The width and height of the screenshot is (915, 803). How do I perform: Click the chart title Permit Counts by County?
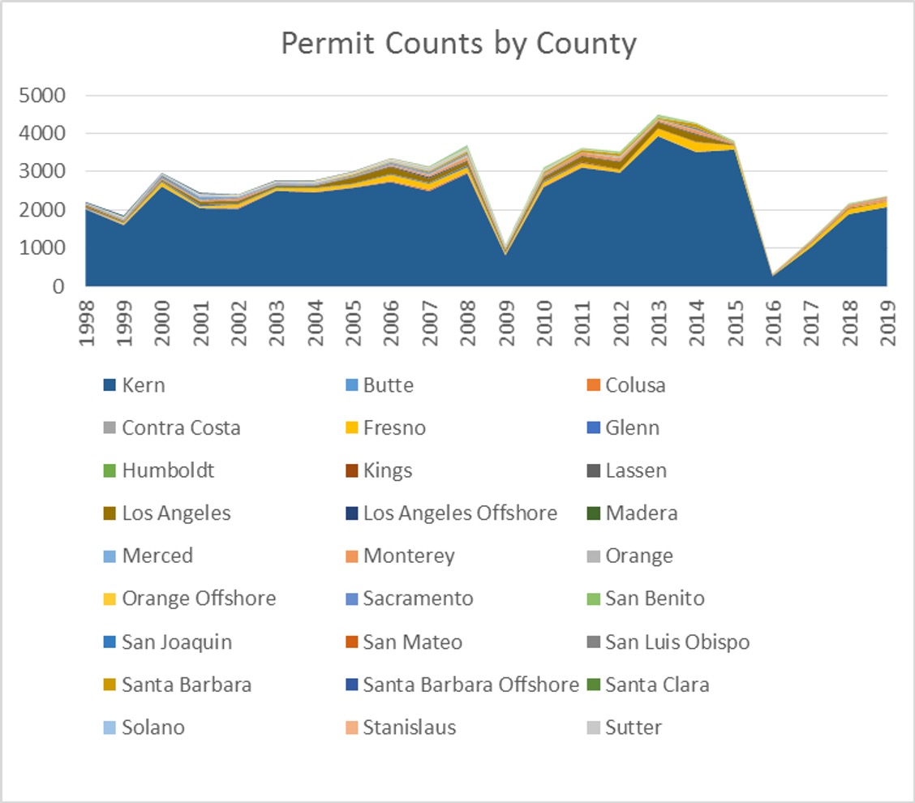[458, 44]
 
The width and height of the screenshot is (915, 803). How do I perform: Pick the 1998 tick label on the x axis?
[86, 323]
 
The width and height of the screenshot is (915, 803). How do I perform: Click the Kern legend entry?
[144, 385]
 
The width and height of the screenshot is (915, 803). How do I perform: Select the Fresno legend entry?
[394, 428]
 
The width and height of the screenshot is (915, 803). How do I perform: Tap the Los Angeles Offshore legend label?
[460, 513]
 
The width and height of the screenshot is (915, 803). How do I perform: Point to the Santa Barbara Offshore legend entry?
[470, 685]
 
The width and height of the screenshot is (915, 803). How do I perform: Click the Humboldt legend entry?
[168, 470]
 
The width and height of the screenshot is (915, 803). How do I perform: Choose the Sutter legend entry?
[633, 728]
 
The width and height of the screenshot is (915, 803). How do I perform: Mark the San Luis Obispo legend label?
[677, 642]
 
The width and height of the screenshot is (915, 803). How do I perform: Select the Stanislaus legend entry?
[410, 728]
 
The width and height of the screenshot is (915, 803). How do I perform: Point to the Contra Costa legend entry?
[181, 428]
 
